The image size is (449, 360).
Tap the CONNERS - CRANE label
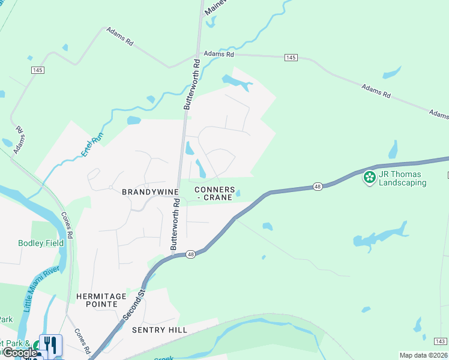[x=214, y=193]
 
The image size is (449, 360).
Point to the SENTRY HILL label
[x=160, y=330]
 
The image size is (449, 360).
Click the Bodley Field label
[x=41, y=243]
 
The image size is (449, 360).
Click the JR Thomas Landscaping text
[x=402, y=178]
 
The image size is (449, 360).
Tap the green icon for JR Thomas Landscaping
[x=369, y=177]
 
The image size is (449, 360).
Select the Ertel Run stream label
[x=94, y=144]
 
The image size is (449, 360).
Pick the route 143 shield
[x=441, y=341]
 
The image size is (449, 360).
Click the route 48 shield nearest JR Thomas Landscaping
[x=318, y=187]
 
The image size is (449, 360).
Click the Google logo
[x=19, y=353]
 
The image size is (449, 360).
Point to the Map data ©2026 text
[x=423, y=355]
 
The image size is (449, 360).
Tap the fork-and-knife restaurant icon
[x=51, y=344]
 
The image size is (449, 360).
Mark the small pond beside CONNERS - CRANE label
[x=238, y=193]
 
